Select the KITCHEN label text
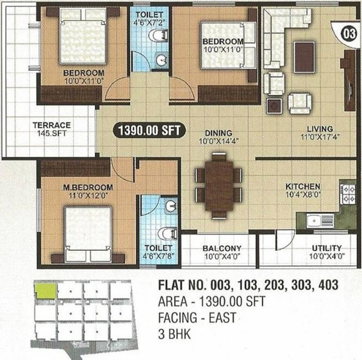(303, 186)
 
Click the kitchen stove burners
(349, 194)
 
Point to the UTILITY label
(327, 248)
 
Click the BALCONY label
(222, 248)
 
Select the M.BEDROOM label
(88, 187)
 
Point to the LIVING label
(320, 128)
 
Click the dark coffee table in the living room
(304, 57)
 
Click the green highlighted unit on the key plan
(46, 291)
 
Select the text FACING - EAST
(197, 318)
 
